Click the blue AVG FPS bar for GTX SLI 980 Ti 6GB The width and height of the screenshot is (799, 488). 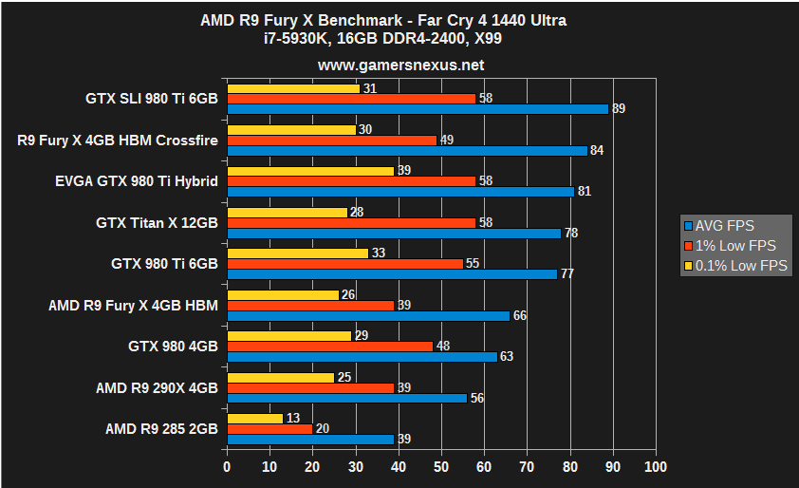pyautogui.click(x=418, y=109)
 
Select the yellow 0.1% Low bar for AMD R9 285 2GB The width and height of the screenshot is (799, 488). pyautogui.click(x=255, y=419)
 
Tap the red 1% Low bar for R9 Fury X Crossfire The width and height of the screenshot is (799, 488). pyautogui.click(x=332, y=141)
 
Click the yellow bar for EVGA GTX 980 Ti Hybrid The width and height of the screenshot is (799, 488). pyautogui.click(x=310, y=171)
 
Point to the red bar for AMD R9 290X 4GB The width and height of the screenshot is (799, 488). pyautogui.click(x=310, y=387)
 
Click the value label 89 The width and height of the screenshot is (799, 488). pyautogui.click(x=619, y=109)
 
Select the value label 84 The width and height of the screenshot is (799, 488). pyautogui.click(x=597, y=150)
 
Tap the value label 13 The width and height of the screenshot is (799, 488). pyautogui.click(x=292, y=419)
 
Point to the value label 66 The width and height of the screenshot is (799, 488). pyautogui.click(x=520, y=315)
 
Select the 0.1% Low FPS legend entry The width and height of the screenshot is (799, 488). pyautogui.click(x=734, y=266)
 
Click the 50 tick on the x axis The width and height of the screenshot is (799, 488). pyautogui.click(x=441, y=467)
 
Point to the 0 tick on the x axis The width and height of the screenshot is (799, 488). pyautogui.click(x=227, y=467)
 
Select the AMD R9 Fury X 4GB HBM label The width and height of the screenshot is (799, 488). pyautogui.click(x=134, y=305)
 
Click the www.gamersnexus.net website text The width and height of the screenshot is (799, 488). pyautogui.click(x=400, y=66)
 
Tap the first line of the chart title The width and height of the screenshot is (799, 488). pyautogui.click(x=400, y=20)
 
